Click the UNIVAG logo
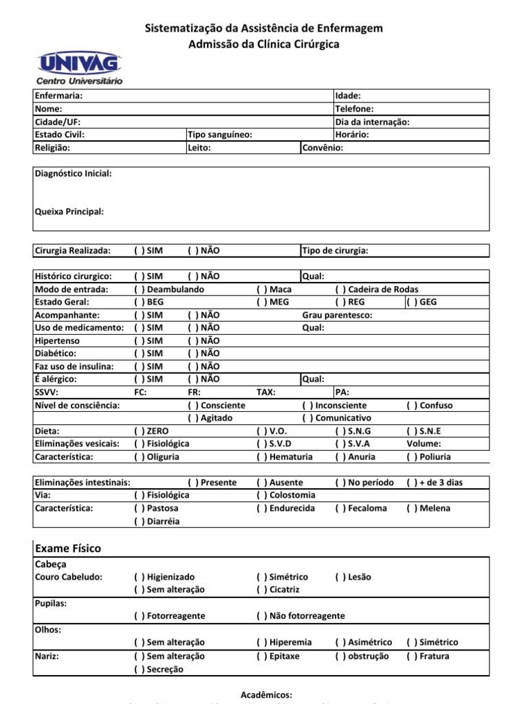tap(80, 67)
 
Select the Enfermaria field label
tap(58, 96)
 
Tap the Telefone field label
tap(354, 109)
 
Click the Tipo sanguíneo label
tap(220, 135)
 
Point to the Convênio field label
tap(322, 148)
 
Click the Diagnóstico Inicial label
tap(73, 174)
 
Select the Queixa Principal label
tap(69, 212)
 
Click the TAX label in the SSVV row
tap(266, 392)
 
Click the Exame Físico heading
tap(68, 548)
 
